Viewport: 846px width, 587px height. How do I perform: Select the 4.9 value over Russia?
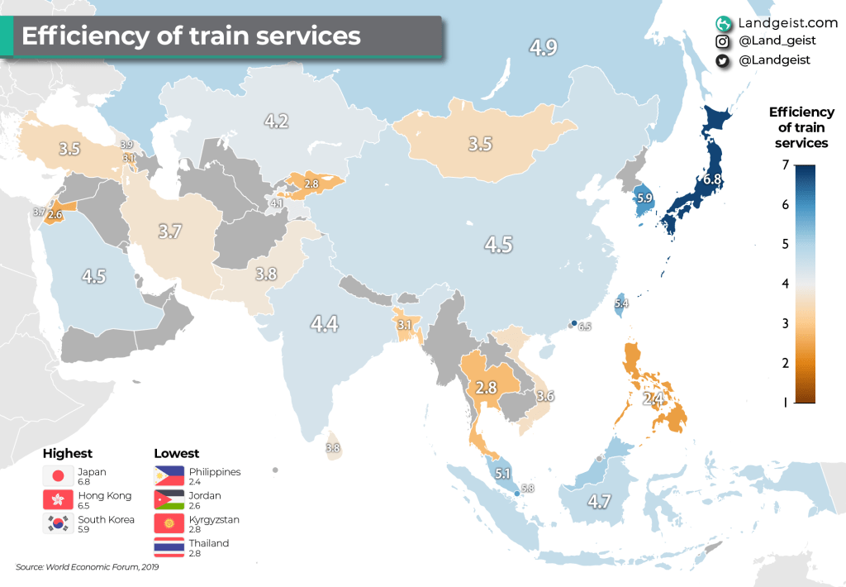pyautogui.click(x=543, y=47)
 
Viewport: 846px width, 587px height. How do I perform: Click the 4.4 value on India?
pyautogui.click(x=325, y=323)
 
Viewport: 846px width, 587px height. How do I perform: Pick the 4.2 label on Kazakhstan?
pyautogui.click(x=276, y=122)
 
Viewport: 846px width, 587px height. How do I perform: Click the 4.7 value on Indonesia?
pyautogui.click(x=600, y=500)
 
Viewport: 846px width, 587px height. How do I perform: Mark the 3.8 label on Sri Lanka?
pyautogui.click(x=333, y=448)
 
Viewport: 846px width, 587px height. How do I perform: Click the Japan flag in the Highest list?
pyautogui.click(x=58, y=476)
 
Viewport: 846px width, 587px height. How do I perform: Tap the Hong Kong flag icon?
pyautogui.click(x=58, y=500)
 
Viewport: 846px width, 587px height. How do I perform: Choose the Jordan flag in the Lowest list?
pyautogui.click(x=169, y=500)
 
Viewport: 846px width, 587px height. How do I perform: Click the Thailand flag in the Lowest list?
pyautogui.click(x=169, y=547)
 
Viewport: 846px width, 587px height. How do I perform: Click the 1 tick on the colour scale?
pyautogui.click(x=784, y=403)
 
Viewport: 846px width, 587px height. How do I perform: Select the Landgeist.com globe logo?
pyautogui.click(x=723, y=24)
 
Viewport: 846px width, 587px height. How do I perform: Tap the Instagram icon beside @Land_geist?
pyautogui.click(x=723, y=42)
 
